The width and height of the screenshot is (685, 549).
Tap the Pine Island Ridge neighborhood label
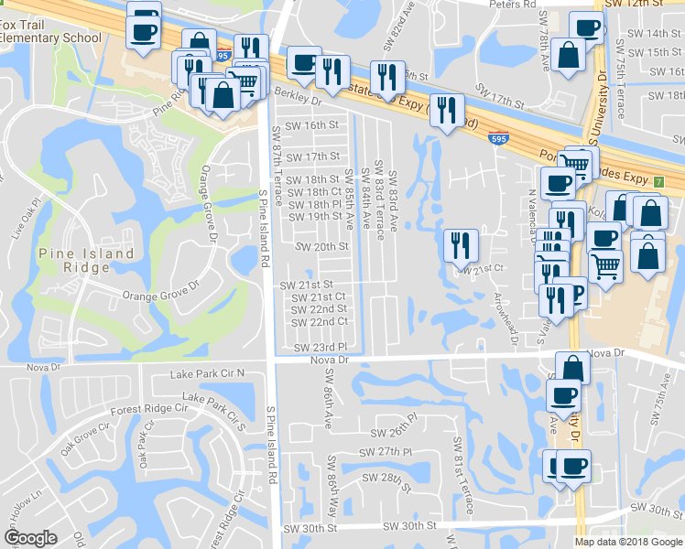click(86, 261)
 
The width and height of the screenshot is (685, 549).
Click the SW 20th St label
click(321, 246)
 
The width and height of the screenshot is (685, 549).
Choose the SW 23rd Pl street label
click(321, 348)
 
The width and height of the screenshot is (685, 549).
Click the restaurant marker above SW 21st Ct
click(460, 245)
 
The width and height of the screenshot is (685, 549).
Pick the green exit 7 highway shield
click(658, 181)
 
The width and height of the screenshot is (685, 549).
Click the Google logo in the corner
click(30, 537)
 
